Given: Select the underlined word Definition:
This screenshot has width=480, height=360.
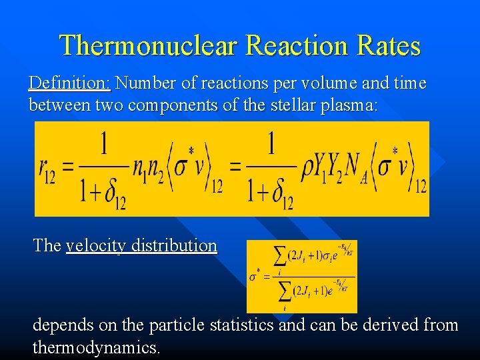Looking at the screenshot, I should (x=69, y=83).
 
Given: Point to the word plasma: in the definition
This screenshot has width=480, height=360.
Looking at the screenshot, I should (x=347, y=105).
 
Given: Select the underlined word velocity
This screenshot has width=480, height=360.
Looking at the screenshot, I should (x=97, y=245).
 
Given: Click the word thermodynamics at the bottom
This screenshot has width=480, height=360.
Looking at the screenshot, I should (x=95, y=347).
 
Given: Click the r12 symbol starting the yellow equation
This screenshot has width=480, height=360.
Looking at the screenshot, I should (x=47, y=171).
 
